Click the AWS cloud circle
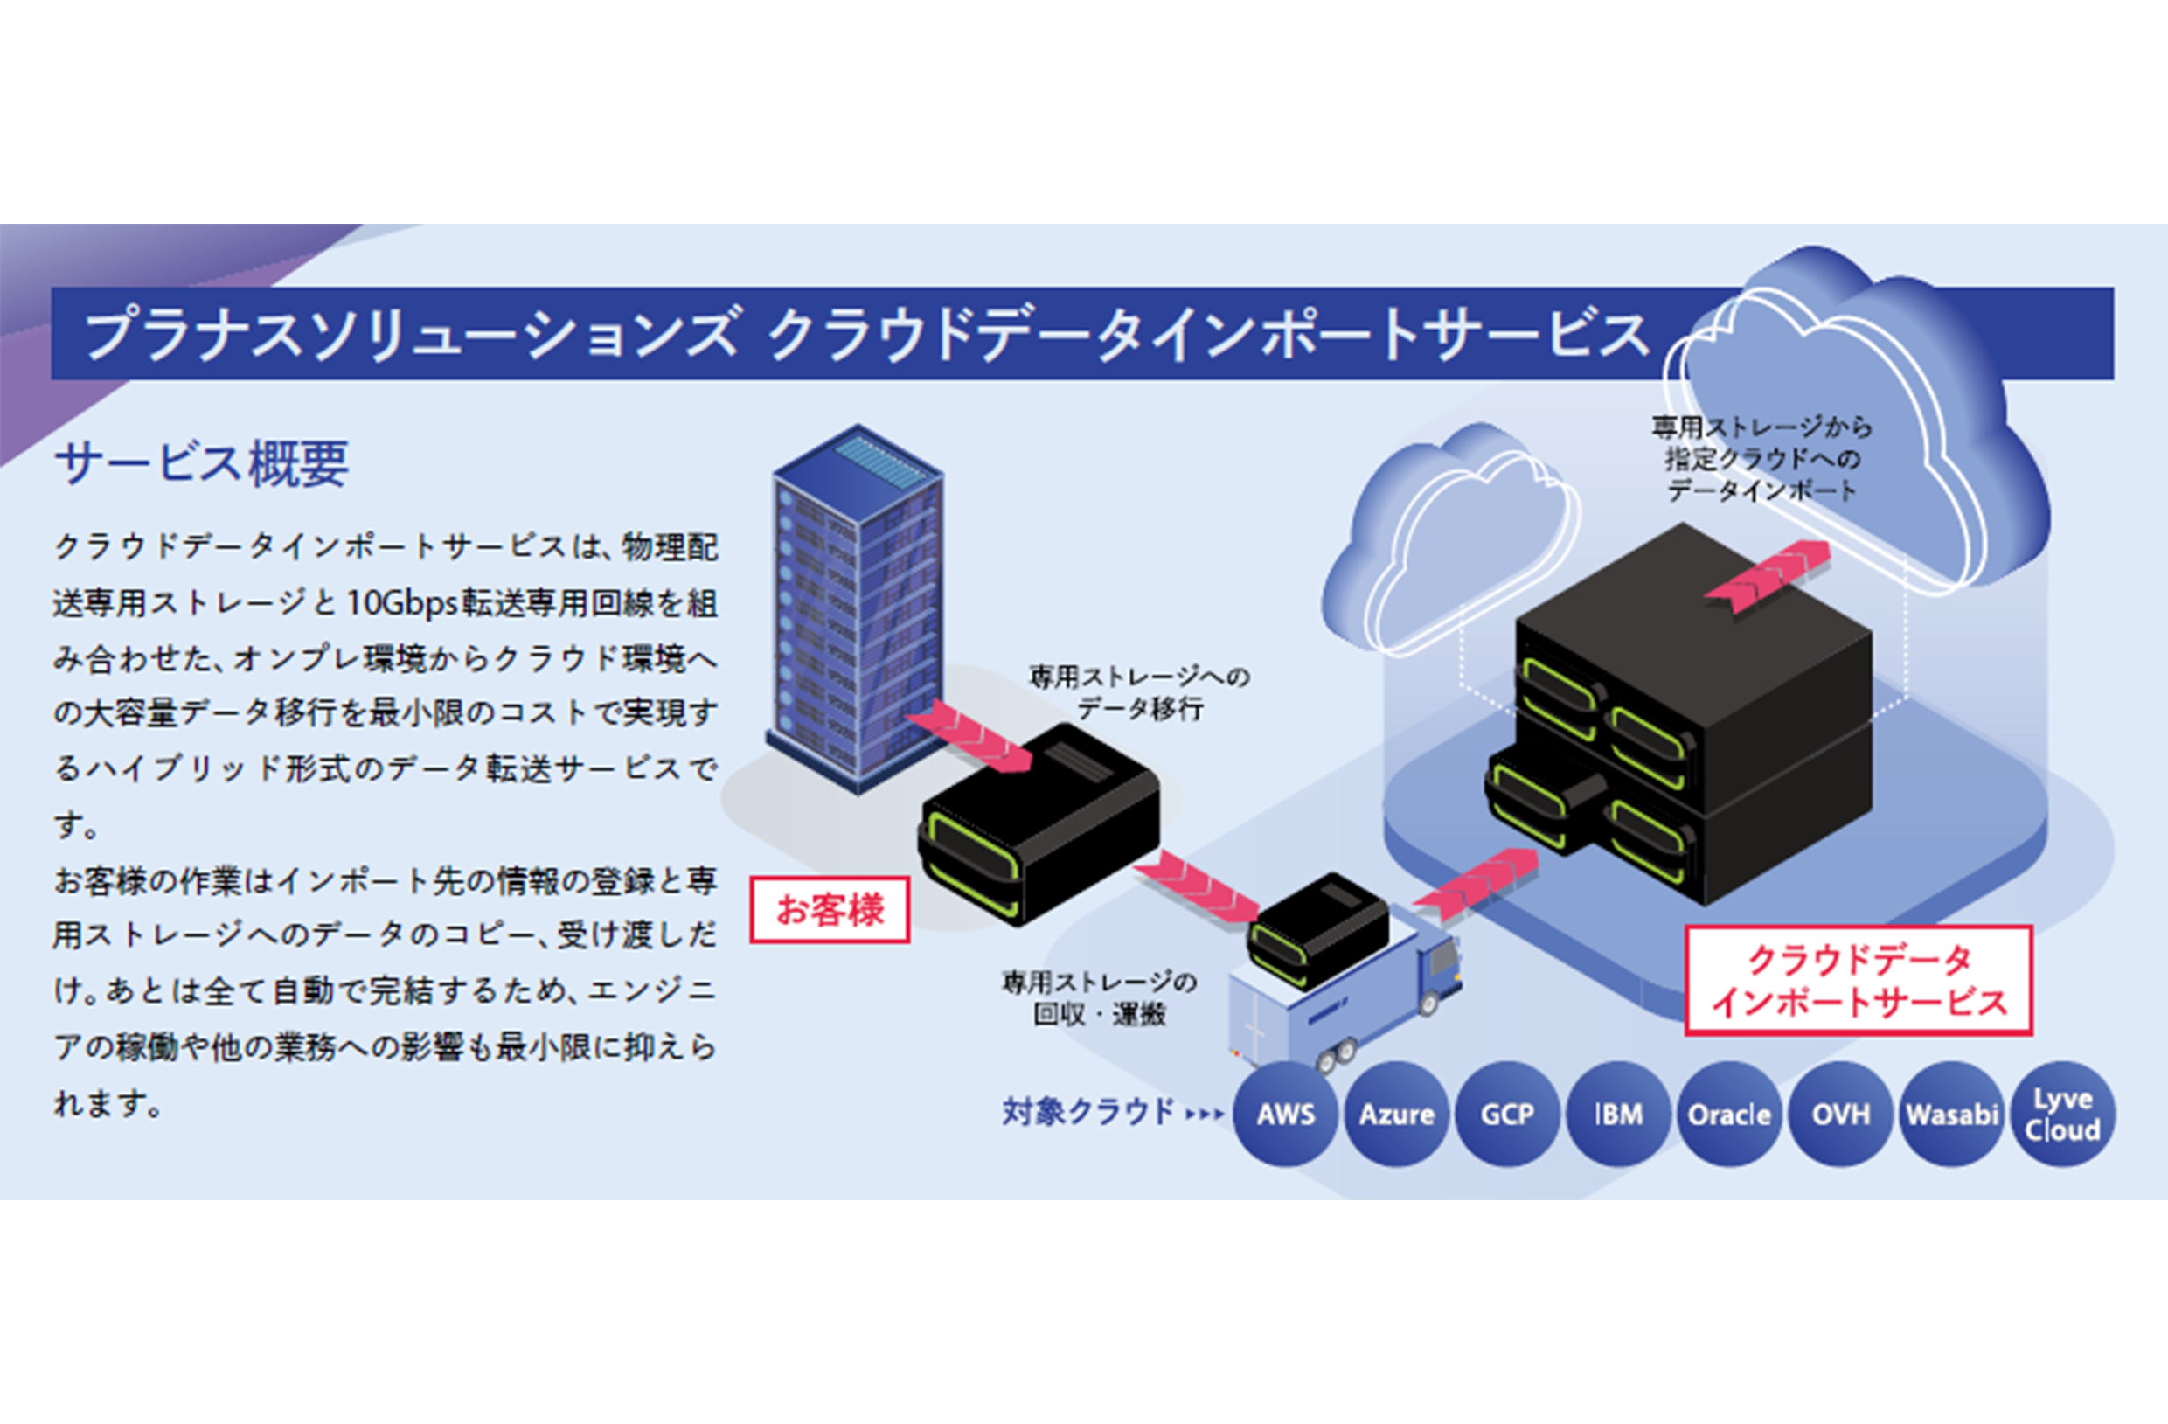pos(1285,1114)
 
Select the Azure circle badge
pos(1396,1114)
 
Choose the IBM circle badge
pos(1618,1114)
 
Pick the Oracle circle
pos(1729,1114)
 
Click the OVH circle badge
pos(1840,1114)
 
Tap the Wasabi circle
pos(1951,1114)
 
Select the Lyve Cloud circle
pos(2062,1114)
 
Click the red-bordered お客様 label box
pos(829,909)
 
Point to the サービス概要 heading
pos(201,462)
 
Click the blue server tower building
pos(856,610)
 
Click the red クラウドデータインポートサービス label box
pos(1859,980)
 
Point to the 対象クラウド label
pos(1087,1112)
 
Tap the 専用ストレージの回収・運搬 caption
pos(1100,997)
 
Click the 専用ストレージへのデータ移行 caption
pos(1140,692)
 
